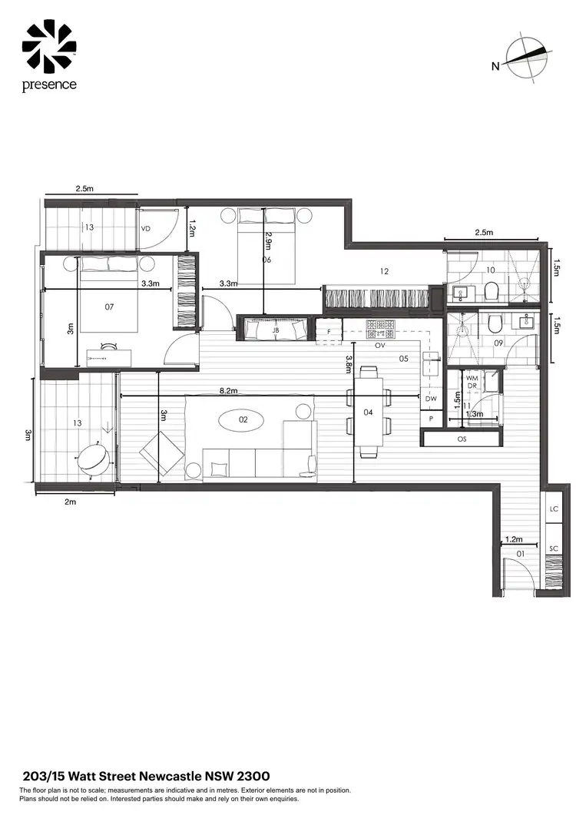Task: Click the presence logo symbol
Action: [49, 47]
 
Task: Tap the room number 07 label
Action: [109, 306]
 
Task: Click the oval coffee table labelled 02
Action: [243, 420]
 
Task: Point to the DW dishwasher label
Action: [431, 399]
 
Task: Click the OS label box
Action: [462, 439]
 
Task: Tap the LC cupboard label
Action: [554, 509]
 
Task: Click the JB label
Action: [276, 330]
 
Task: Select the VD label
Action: [147, 228]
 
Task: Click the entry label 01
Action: [520, 553]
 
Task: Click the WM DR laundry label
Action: [473, 381]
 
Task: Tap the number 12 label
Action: [385, 270]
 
